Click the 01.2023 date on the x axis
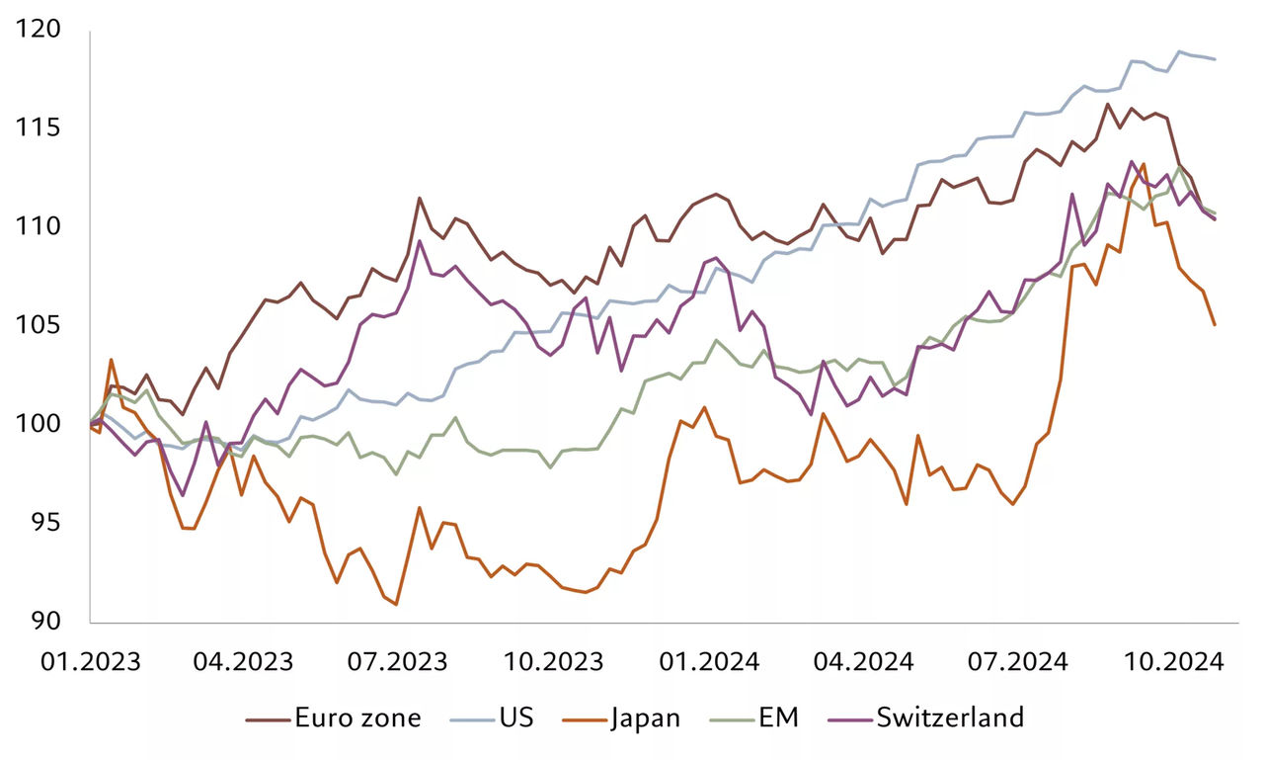click(x=90, y=660)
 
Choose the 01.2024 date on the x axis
click(x=709, y=660)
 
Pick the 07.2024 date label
click(x=1017, y=660)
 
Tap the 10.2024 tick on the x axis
click(x=1172, y=660)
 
